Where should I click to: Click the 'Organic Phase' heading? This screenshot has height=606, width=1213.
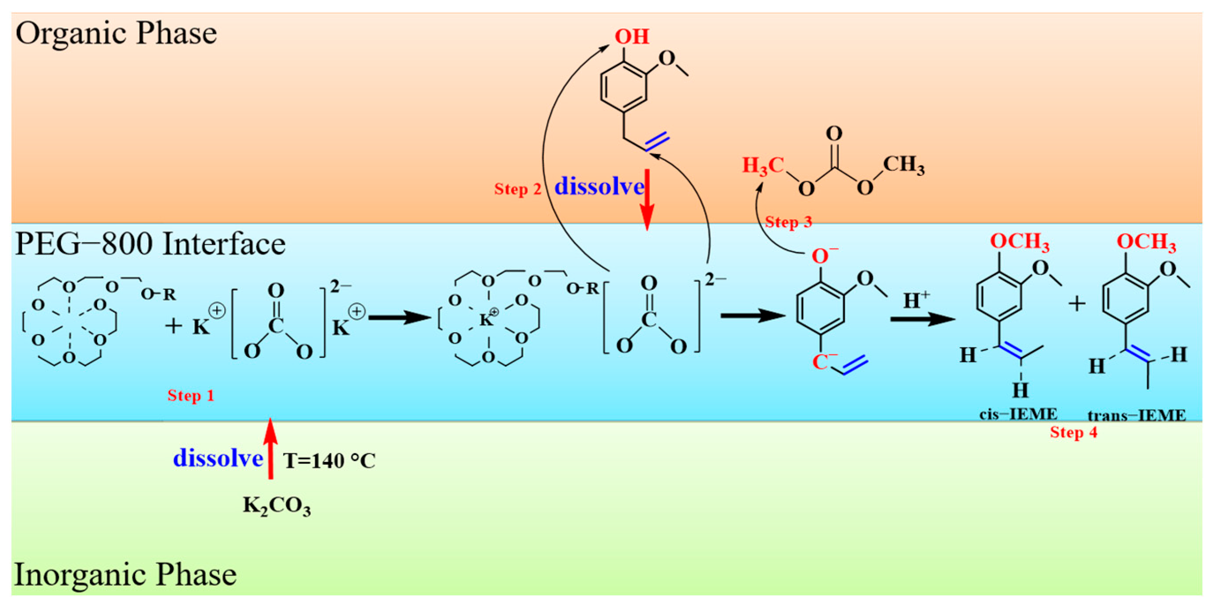[116, 34]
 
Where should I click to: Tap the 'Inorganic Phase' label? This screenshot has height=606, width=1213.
[125, 575]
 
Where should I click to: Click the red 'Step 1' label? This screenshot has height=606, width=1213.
[191, 395]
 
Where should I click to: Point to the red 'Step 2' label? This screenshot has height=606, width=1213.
[517, 189]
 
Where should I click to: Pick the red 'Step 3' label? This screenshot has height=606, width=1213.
[788, 222]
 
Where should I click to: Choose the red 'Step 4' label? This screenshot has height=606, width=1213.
[1073, 432]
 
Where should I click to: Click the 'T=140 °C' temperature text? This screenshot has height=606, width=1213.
[329, 461]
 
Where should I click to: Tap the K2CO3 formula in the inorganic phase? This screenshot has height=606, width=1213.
[276, 506]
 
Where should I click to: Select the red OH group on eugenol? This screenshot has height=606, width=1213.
[631, 37]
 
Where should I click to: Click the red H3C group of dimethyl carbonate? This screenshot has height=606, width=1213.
[762, 166]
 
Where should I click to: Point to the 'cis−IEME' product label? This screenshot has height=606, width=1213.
[1018, 414]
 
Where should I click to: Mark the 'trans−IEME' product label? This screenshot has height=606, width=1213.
[1136, 415]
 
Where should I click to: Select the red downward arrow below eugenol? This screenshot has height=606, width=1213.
[647, 200]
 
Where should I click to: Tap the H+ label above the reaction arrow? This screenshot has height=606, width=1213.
[916, 300]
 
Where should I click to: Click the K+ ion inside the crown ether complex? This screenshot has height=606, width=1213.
[487, 319]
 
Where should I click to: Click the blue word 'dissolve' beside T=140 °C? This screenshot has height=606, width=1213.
[218, 458]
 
